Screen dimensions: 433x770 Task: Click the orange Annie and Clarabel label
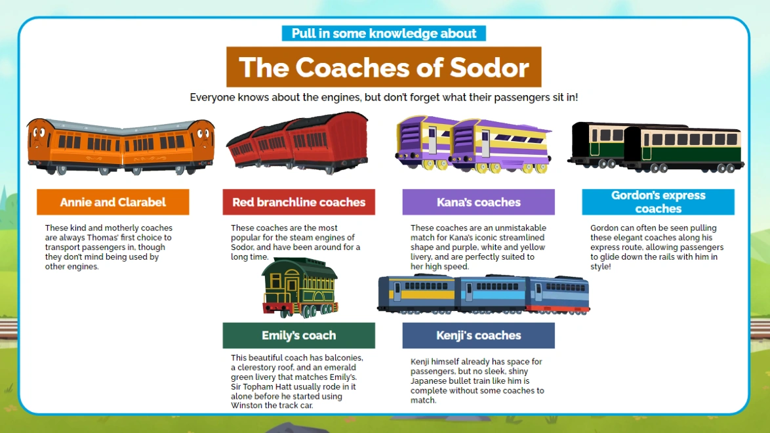pyautogui.click(x=113, y=202)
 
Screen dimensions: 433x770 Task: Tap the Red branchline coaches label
pyautogui.click(x=298, y=202)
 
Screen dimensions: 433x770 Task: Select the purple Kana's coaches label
pyautogui.click(x=478, y=202)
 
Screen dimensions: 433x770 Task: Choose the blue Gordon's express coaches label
pyautogui.click(x=658, y=202)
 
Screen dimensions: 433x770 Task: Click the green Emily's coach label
pyautogui.click(x=298, y=335)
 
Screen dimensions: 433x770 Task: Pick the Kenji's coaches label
pyautogui.click(x=478, y=335)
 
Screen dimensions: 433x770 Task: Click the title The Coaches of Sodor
pyautogui.click(x=384, y=67)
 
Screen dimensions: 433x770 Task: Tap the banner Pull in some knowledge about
pyautogui.click(x=384, y=33)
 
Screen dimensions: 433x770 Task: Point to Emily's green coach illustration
pyautogui.click(x=299, y=287)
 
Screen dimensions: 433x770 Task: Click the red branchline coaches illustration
pyautogui.click(x=296, y=142)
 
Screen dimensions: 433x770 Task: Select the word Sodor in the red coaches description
pyautogui.click(x=243, y=247)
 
